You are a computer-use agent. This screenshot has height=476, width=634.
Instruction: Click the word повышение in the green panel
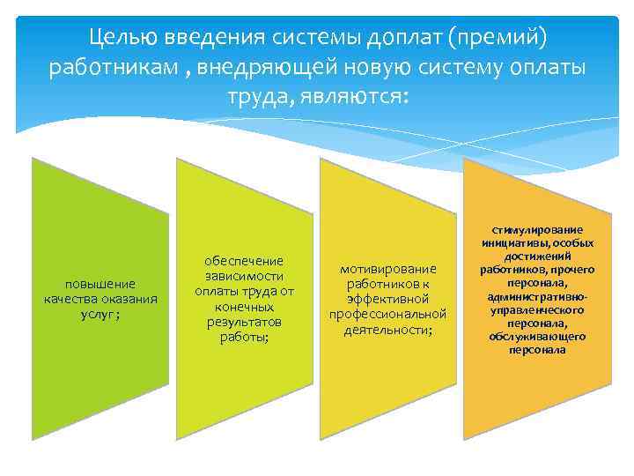coord(100,284)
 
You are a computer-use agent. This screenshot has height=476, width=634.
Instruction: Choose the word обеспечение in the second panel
coord(243,261)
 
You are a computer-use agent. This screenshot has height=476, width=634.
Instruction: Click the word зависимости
coord(243,276)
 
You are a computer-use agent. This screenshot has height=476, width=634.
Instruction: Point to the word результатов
coord(243,322)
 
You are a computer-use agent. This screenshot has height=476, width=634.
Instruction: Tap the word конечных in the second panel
coord(243,306)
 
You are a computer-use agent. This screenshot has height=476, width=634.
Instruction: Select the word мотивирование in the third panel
coord(387,268)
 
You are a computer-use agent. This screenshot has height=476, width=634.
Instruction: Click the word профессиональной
coord(387,314)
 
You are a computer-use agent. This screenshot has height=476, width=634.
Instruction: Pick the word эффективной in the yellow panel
coord(387,299)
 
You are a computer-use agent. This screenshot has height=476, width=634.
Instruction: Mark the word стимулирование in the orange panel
coord(537,230)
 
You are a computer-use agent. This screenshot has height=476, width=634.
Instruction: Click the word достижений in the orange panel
coord(537,256)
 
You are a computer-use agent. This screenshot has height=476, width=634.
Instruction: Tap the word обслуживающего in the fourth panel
coord(537,337)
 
